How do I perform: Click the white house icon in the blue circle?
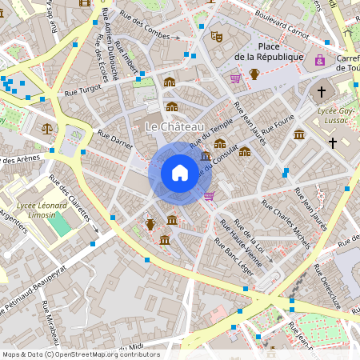(179, 173)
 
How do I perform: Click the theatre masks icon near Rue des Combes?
(216, 36)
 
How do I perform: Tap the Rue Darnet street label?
(114, 142)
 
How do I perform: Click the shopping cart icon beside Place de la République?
(235, 78)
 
